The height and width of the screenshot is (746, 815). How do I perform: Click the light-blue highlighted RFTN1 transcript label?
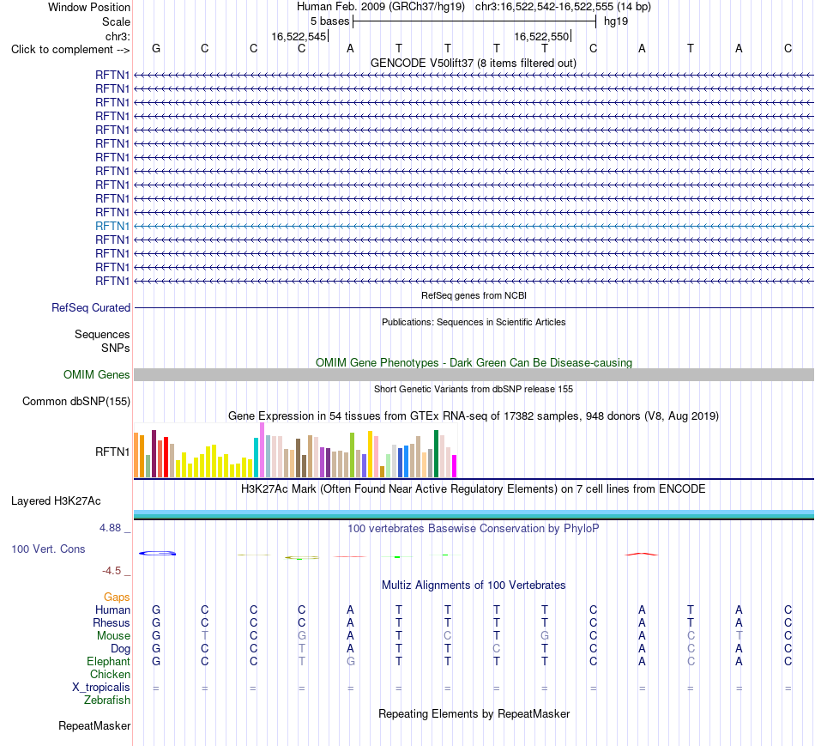[112, 227]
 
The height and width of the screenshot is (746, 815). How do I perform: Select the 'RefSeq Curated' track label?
[91, 308]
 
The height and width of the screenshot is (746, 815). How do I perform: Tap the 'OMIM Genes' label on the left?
[97, 374]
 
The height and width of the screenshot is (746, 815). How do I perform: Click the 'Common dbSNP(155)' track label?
[76, 402]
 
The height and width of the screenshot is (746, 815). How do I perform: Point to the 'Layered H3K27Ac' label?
[56, 501]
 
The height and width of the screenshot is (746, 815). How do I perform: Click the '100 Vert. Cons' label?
[48, 549]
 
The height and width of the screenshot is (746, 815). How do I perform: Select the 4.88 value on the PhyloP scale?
[110, 528]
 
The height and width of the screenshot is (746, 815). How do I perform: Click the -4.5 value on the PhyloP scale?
[112, 571]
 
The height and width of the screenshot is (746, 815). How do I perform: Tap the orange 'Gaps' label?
[117, 597]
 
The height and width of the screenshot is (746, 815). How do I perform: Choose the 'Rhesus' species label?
[112, 622]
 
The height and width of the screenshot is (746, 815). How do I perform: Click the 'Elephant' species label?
[108, 662]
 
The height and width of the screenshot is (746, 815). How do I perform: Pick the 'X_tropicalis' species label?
[101, 688]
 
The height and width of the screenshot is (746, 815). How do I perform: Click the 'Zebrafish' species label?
[107, 701]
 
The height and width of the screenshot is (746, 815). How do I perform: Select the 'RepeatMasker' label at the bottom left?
[94, 726]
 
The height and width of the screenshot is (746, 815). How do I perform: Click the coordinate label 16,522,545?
[299, 37]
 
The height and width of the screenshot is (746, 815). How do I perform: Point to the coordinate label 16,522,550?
[541, 37]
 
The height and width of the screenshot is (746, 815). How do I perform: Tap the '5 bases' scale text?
[330, 21]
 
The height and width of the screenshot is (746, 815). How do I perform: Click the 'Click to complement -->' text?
[70, 50]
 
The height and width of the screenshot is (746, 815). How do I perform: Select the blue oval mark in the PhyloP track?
[158, 553]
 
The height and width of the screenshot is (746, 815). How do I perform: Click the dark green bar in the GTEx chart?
[436, 453]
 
